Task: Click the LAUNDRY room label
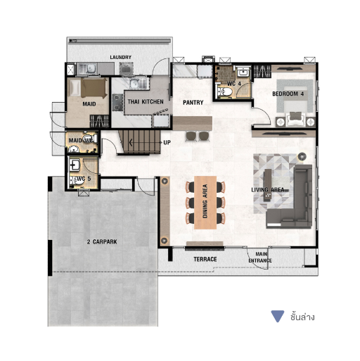(x=120, y=57)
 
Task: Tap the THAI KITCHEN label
(x=146, y=101)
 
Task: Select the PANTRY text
(x=193, y=103)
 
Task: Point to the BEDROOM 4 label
(x=288, y=94)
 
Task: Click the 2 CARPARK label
(x=102, y=241)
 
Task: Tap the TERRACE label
(x=205, y=259)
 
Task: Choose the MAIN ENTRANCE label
(x=260, y=258)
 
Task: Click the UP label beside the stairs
(x=167, y=143)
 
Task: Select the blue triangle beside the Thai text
(x=278, y=316)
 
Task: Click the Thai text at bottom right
(x=302, y=317)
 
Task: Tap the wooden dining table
(x=205, y=203)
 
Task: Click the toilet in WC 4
(x=224, y=91)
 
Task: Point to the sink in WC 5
(x=75, y=165)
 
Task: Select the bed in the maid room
(x=88, y=88)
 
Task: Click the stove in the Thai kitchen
(x=117, y=102)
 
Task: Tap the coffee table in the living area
(x=268, y=185)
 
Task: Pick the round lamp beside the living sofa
(x=302, y=156)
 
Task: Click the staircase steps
(x=140, y=142)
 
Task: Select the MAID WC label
(x=81, y=140)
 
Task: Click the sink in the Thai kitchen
(x=135, y=83)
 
